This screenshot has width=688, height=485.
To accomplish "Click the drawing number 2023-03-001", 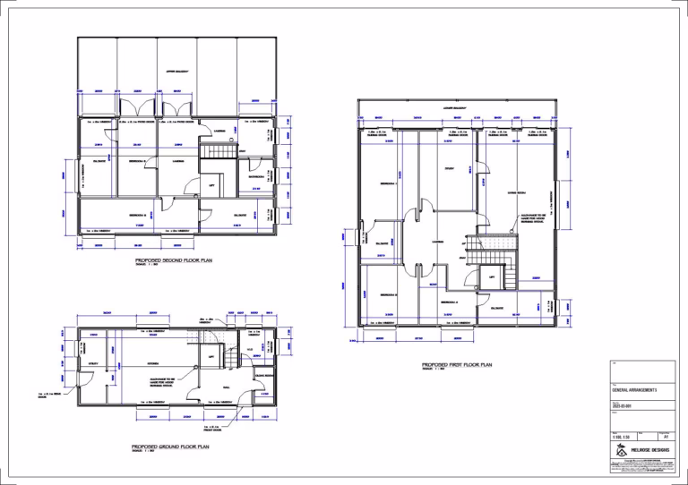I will click(x=623, y=405).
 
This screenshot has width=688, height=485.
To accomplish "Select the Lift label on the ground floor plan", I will click(x=211, y=356).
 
